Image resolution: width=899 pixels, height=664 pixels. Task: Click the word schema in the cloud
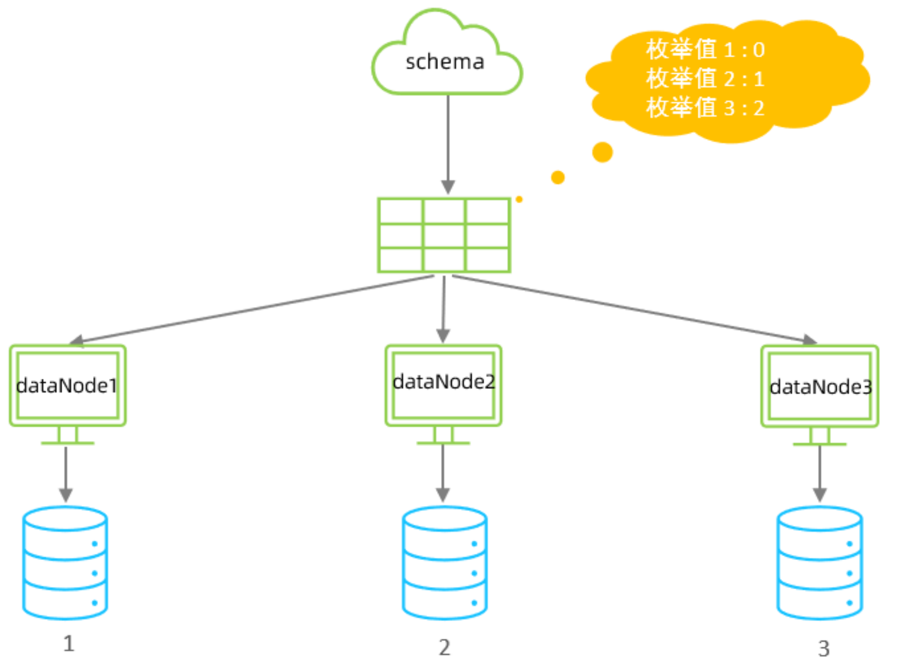tap(445, 62)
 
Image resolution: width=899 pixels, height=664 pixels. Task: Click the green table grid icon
tap(444, 235)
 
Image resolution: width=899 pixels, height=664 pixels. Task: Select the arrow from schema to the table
tap(448, 143)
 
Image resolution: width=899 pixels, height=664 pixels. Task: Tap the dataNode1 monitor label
tap(67, 385)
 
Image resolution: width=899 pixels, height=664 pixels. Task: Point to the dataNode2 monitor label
tap(443, 382)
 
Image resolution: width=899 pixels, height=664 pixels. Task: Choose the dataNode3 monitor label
tap(820, 387)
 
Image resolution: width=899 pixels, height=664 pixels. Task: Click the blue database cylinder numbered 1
tap(65, 563)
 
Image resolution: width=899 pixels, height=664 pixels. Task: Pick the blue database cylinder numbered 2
tap(444, 563)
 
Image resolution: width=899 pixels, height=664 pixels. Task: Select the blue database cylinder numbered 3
tap(819, 563)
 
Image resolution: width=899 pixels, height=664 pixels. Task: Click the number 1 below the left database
tap(68, 643)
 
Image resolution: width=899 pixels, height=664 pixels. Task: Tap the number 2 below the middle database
tap(444, 647)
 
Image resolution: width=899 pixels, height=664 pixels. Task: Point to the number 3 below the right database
tap(824, 649)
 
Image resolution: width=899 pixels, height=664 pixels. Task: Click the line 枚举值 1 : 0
tap(705, 50)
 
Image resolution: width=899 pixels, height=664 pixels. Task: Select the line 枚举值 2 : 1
tap(705, 79)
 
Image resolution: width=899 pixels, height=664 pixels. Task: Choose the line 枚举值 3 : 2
tap(705, 108)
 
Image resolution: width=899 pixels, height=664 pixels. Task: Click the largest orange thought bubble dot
tap(602, 152)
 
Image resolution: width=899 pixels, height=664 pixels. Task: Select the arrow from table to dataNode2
tap(443, 308)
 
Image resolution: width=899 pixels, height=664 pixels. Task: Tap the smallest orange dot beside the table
tap(519, 199)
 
